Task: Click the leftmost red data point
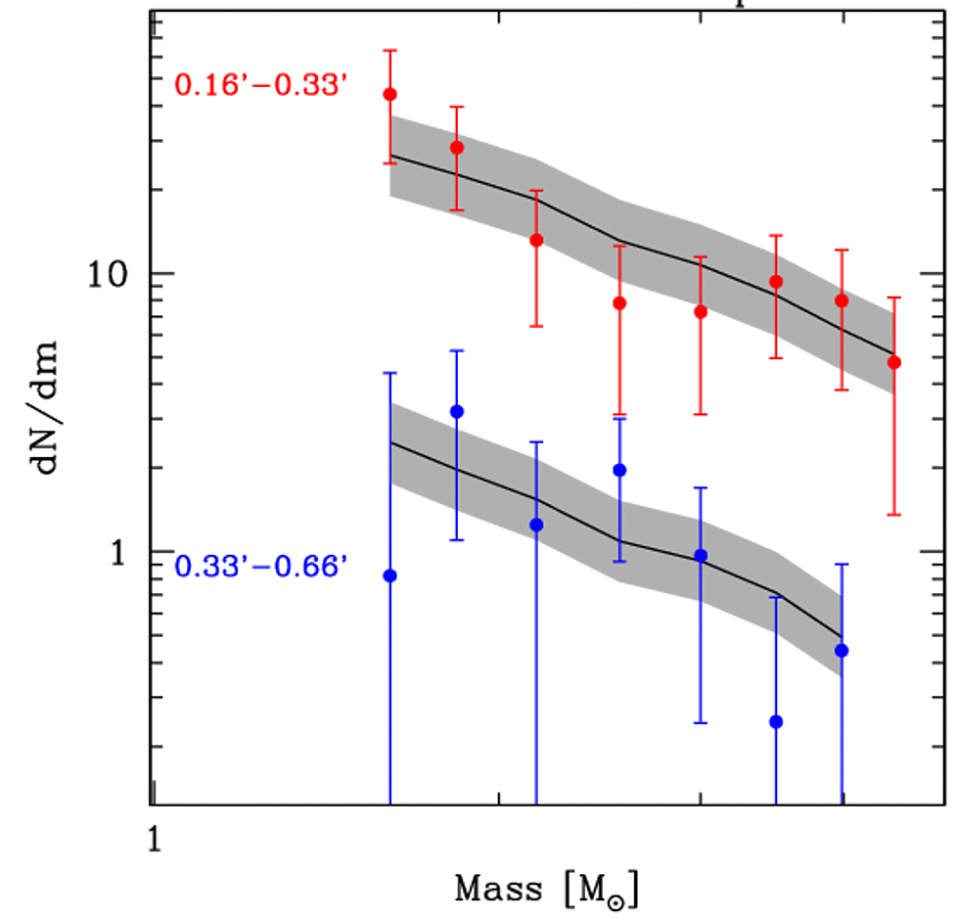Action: tap(390, 95)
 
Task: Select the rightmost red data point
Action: tap(893, 362)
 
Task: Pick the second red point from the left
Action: tap(456, 148)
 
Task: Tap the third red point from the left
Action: tap(536, 240)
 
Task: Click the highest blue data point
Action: tap(456, 411)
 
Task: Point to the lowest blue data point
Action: tap(776, 721)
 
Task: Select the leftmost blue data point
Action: tap(390, 575)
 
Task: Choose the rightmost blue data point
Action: tap(842, 651)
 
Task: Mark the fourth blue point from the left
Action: tap(619, 470)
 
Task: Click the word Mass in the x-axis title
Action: tap(498, 890)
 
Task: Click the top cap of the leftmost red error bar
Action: tap(390, 50)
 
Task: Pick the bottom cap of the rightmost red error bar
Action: tap(893, 515)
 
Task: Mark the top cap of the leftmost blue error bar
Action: tap(390, 373)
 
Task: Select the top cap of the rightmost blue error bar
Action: tap(842, 565)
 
